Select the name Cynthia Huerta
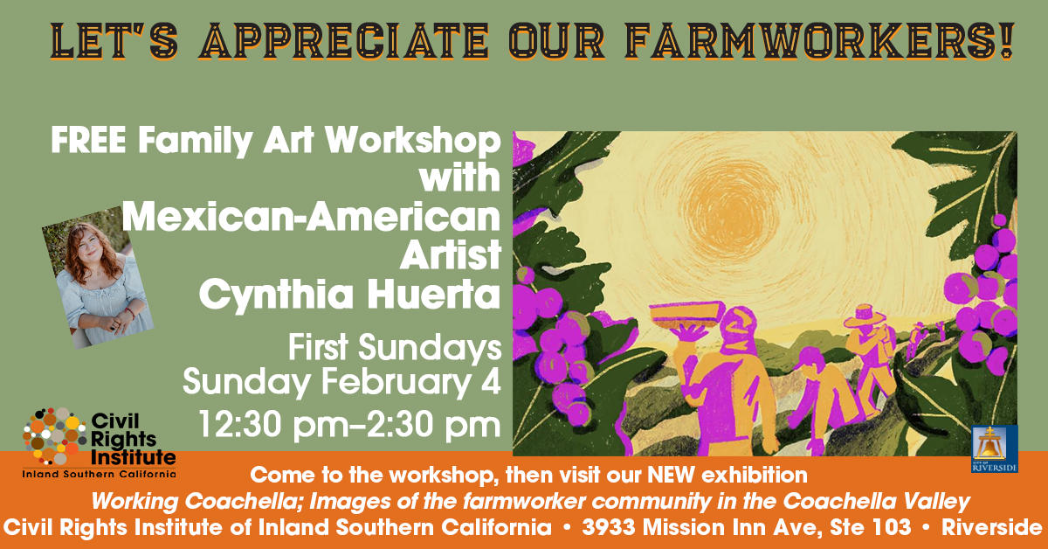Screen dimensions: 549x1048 (x=349, y=294)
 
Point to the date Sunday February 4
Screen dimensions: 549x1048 (x=341, y=381)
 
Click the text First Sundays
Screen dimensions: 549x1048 (x=395, y=348)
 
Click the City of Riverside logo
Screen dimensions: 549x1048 (x=994, y=448)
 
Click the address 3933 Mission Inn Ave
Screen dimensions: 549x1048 (x=690, y=527)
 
